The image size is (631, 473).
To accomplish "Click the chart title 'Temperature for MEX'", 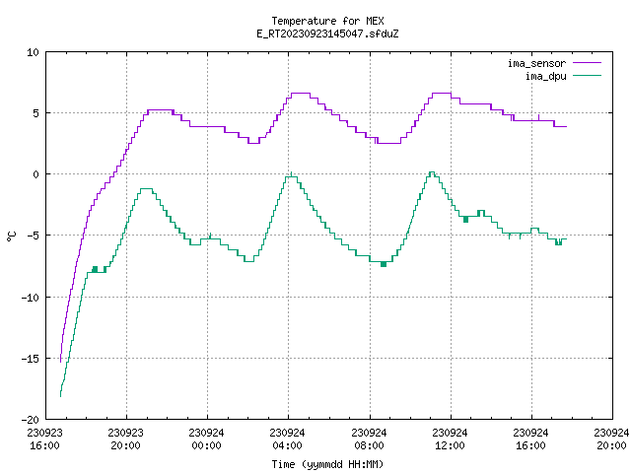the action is tap(327, 21).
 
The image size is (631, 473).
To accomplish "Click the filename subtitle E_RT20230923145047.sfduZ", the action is tap(327, 34).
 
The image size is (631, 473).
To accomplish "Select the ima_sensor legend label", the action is tap(536, 63).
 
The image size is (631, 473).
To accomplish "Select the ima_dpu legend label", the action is tap(545, 76).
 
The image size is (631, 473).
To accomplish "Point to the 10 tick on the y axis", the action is tap(33, 52).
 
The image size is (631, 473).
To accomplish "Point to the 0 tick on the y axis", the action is tap(36, 174).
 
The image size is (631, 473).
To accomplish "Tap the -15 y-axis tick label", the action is tap(31, 359).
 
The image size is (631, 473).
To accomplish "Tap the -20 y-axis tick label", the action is tap(31, 420).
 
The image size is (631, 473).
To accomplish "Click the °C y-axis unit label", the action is tap(11, 236).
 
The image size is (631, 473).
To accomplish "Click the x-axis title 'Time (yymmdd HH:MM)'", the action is tap(327, 464).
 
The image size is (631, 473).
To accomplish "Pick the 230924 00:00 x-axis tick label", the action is tap(206, 439).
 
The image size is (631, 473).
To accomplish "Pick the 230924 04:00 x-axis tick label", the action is tap(287, 439).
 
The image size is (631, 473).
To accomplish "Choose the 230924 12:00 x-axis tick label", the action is tap(450, 439).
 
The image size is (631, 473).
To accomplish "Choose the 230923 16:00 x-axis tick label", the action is tap(44, 439).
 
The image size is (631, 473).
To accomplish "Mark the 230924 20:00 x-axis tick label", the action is tap(611, 439).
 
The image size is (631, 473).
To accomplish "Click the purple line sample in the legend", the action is tap(588, 63).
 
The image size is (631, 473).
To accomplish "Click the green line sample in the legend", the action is tap(588, 76).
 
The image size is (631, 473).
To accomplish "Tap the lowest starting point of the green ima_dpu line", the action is tap(60, 396).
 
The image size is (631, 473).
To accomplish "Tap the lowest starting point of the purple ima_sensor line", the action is tap(60, 362).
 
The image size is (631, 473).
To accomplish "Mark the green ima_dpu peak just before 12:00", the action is tap(432, 172).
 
